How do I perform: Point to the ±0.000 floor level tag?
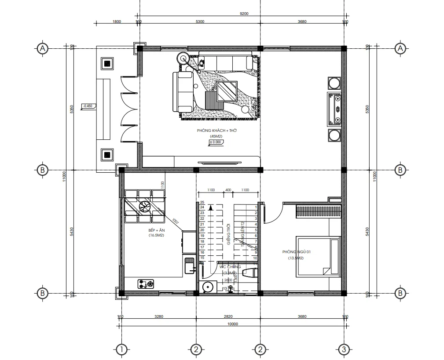pos(215,142)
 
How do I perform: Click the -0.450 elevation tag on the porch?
pos(88,106)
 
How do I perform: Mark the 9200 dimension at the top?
pos(243,14)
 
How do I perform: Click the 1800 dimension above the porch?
pos(117,22)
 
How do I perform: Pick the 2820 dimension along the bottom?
pos(228,316)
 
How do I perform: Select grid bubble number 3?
pos(344,349)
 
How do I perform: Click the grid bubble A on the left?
pos(42,49)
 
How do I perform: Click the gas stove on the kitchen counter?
pos(146,284)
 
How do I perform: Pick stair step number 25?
pos(202,202)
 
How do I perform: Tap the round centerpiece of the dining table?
pos(144,206)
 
